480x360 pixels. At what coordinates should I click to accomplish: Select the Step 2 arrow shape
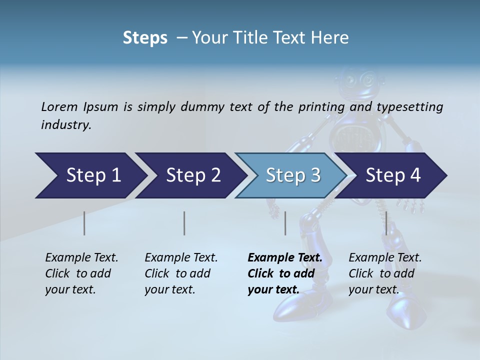click(x=192, y=175)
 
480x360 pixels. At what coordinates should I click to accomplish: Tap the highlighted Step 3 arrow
click(x=292, y=175)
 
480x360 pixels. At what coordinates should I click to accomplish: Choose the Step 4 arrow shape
click(x=392, y=175)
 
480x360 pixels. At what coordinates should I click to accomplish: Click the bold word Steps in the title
click(x=145, y=37)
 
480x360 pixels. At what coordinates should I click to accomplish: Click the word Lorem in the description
click(x=59, y=106)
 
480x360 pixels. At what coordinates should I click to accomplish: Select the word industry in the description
click(x=65, y=124)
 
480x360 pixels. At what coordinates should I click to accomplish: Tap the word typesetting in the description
click(x=409, y=107)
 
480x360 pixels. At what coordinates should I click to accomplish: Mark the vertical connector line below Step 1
click(x=84, y=223)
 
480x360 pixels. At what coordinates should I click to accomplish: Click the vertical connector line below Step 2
click(x=184, y=223)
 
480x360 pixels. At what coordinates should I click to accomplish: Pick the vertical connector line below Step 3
click(x=285, y=223)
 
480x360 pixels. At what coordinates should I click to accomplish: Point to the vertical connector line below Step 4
click(x=386, y=223)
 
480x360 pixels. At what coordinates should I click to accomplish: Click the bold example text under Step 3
click(x=284, y=273)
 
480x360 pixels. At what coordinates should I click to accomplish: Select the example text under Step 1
click(x=81, y=273)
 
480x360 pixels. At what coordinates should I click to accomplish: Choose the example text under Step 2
click(x=181, y=273)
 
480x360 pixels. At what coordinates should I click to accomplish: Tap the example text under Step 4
click(x=385, y=273)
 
